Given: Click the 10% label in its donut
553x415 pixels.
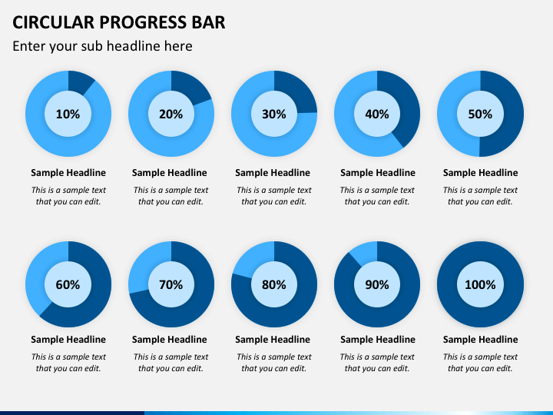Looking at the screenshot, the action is click(x=68, y=114).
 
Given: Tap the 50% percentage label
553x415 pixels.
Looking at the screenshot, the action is click(x=480, y=114).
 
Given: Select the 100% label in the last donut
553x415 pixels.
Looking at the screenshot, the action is click(x=480, y=285).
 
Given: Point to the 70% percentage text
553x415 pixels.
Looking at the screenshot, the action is click(x=171, y=285).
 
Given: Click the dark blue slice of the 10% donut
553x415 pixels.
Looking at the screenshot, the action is click(x=80, y=82).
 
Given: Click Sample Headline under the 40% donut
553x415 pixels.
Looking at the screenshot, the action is click(x=378, y=173).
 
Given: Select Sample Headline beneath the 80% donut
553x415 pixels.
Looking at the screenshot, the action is click(x=273, y=340).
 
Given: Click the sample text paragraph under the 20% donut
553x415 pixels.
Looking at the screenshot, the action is click(x=171, y=196).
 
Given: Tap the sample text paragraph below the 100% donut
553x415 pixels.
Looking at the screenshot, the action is click(x=480, y=363).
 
